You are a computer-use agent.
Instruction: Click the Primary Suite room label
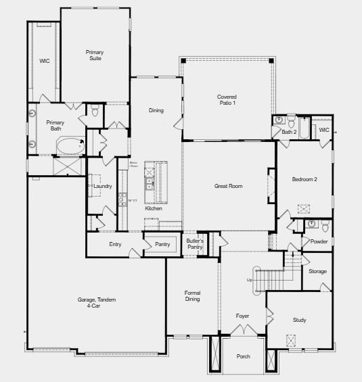pos(94,55)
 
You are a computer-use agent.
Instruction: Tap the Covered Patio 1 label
pos(227,99)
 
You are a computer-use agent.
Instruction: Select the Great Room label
pos(228,186)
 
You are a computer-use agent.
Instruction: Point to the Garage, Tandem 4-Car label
pos(96,303)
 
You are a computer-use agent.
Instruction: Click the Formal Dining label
pos(192,296)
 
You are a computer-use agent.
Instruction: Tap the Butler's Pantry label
pos(195,244)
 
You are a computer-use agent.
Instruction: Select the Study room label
pos(299,320)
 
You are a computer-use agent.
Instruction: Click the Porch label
pos(243,356)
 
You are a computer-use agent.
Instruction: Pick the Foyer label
pos(242,316)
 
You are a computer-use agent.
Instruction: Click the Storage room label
pos(317,271)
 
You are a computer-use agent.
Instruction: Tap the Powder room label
pos(319,241)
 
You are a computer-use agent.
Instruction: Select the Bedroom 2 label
pos(304,179)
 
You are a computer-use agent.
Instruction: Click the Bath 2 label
pos(289,132)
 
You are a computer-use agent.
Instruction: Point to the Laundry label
pos(102,186)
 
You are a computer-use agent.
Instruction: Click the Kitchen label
pos(154,208)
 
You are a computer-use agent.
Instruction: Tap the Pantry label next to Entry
pos(162,244)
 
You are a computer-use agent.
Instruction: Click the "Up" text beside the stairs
pos(249,279)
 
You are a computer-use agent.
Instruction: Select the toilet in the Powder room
pos(325,226)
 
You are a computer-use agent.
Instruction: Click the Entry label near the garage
pos(115,244)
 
